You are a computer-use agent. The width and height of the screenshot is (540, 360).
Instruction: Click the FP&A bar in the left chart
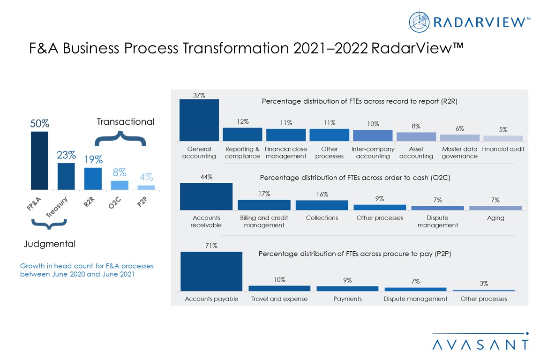coord(39,160)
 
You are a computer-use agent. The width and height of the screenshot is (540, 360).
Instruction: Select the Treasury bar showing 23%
coord(66,176)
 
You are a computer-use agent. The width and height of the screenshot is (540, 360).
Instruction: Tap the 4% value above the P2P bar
coord(146,177)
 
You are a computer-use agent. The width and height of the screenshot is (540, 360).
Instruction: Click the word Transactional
coord(125,122)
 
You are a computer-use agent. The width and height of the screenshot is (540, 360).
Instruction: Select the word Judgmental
coord(49,244)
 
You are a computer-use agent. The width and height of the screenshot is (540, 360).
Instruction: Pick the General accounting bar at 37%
coord(199,120)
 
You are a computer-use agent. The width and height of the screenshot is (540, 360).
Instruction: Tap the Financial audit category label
coord(503,149)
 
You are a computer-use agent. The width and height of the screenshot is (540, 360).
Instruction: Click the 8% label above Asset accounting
coord(416,126)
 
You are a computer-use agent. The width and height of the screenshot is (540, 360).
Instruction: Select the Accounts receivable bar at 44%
coord(206,196)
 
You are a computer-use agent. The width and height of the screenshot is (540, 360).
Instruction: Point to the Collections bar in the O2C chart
coord(322,205)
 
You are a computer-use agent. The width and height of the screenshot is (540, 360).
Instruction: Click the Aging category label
coord(495,218)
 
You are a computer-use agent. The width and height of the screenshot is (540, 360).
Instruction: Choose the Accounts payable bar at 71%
coord(211,271)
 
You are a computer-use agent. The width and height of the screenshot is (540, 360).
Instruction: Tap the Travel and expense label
coord(279,299)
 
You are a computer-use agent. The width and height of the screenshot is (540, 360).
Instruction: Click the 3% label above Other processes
coord(484,283)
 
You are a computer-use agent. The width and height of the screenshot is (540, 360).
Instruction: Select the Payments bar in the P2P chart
coord(347,288)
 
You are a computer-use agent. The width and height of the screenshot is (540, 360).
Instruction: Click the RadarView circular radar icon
coord(419,22)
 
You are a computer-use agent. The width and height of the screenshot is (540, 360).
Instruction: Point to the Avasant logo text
coord(480,345)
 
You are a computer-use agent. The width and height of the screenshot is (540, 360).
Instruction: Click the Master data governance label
coord(459,153)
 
